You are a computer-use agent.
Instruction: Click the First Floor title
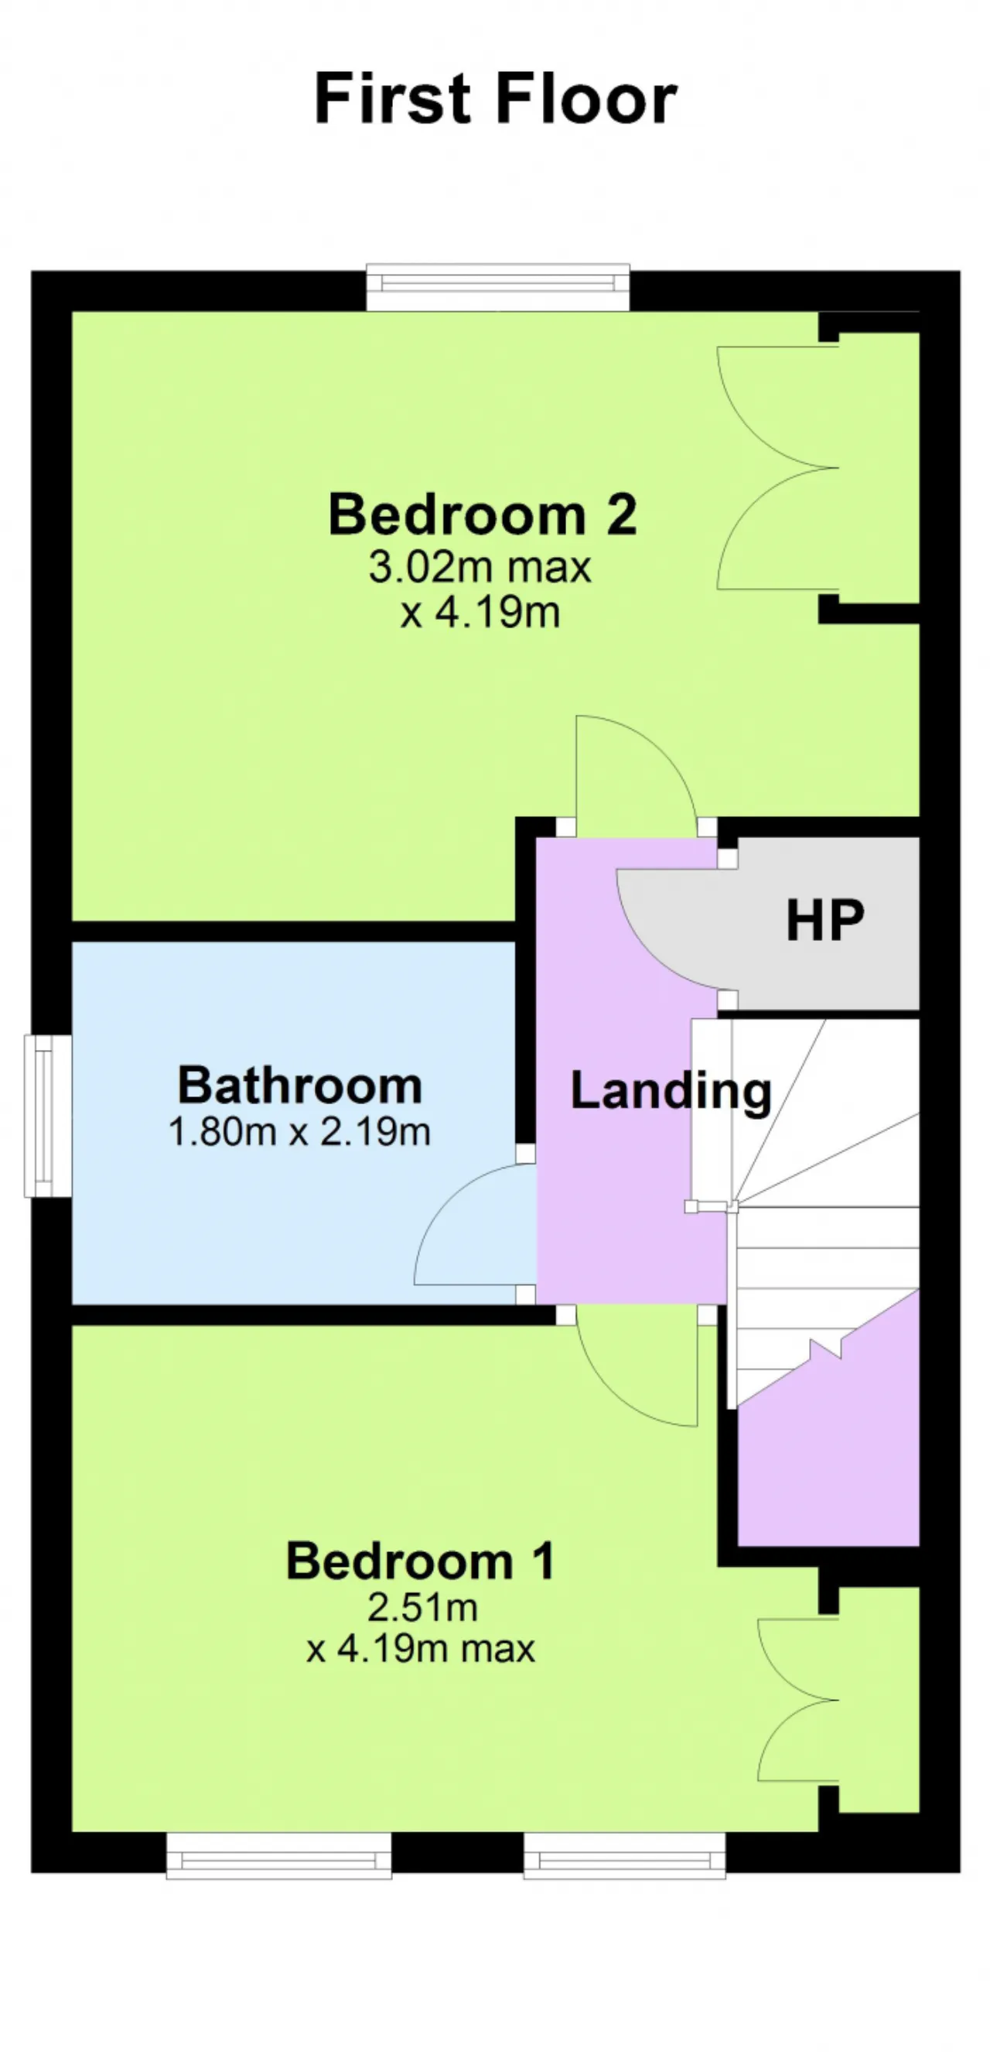coord(496,98)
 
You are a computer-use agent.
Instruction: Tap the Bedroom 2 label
coord(483,515)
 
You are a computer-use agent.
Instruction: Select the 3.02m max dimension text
coord(480,568)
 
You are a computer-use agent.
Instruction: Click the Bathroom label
coord(299,1085)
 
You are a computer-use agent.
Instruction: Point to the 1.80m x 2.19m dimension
coord(299,1132)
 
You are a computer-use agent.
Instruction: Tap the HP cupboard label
coord(824,921)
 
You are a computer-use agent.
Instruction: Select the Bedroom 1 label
coord(421,1561)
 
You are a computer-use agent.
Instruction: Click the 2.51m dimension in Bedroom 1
coord(422,1608)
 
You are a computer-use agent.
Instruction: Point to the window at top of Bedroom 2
coord(498,287)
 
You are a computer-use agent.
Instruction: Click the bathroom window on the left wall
coord(48,1115)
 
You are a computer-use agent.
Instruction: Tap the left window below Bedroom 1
coord(278,1856)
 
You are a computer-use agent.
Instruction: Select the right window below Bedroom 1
coord(624,1856)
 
